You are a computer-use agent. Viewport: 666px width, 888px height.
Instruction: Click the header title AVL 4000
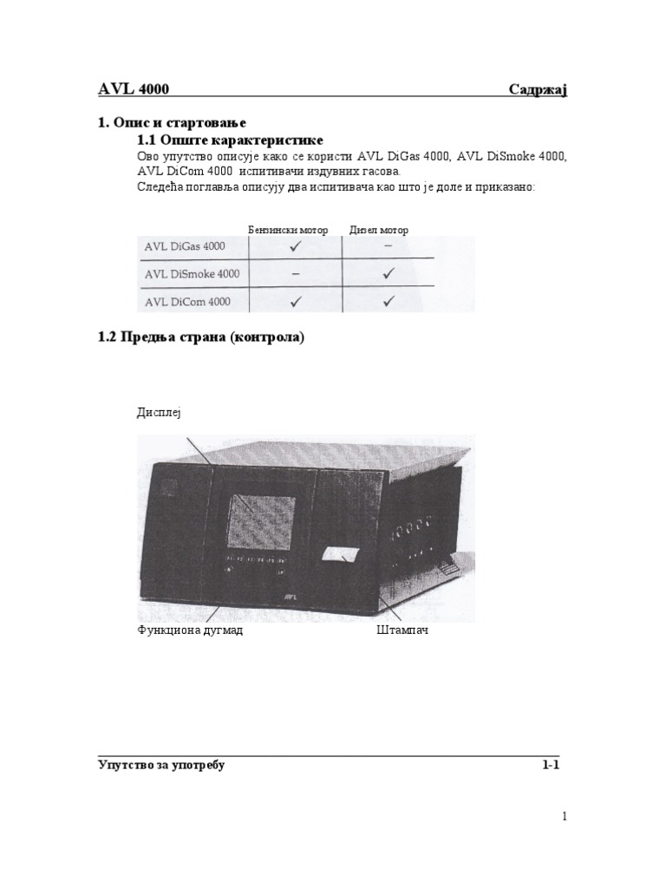[133, 88]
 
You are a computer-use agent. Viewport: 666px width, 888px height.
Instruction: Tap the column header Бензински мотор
[289, 230]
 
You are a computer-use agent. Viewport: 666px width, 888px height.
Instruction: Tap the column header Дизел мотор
[379, 230]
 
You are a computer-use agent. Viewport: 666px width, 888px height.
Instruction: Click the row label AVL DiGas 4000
[185, 246]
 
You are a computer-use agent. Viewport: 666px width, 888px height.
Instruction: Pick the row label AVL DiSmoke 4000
[193, 274]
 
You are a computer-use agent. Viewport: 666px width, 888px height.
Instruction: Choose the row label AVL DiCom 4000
[187, 302]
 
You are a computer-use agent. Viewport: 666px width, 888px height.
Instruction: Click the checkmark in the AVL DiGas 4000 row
[296, 247]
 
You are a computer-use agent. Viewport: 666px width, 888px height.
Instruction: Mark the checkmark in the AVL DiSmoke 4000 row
[388, 274]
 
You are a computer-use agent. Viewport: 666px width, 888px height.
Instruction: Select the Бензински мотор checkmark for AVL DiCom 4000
[296, 302]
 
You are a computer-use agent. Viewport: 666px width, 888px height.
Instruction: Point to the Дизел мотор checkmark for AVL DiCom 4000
[388, 302]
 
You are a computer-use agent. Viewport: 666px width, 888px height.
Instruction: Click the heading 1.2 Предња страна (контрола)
[202, 338]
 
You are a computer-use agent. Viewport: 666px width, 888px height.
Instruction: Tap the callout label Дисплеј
[160, 413]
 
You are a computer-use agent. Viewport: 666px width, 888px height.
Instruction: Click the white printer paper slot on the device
[341, 555]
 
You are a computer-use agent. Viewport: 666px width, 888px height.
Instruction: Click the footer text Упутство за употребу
[161, 766]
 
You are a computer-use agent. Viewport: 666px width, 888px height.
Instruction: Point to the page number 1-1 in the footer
[551, 766]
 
